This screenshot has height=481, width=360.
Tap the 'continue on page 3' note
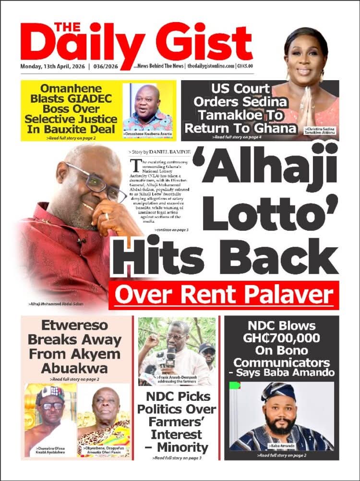(171, 230)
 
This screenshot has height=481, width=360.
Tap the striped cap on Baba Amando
(278, 392)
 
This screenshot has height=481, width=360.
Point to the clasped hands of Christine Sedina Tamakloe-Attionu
(305, 103)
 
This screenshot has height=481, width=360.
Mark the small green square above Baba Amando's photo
(235, 385)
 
